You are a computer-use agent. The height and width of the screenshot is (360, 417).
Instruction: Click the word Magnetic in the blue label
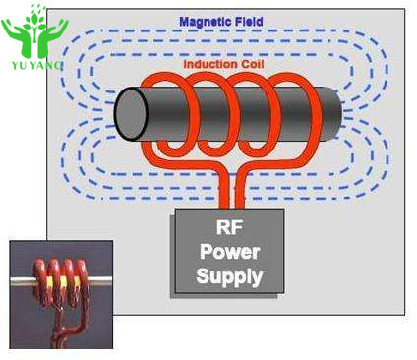(x=208, y=22)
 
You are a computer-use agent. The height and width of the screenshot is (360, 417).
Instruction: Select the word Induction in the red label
(x=208, y=62)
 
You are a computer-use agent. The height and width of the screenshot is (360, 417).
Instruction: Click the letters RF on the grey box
(x=228, y=227)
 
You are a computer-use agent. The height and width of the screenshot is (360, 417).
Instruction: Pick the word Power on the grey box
(x=228, y=251)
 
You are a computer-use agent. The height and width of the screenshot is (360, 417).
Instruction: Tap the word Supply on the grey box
(x=228, y=275)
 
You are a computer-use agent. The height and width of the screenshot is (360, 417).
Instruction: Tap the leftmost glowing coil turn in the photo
(x=41, y=281)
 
